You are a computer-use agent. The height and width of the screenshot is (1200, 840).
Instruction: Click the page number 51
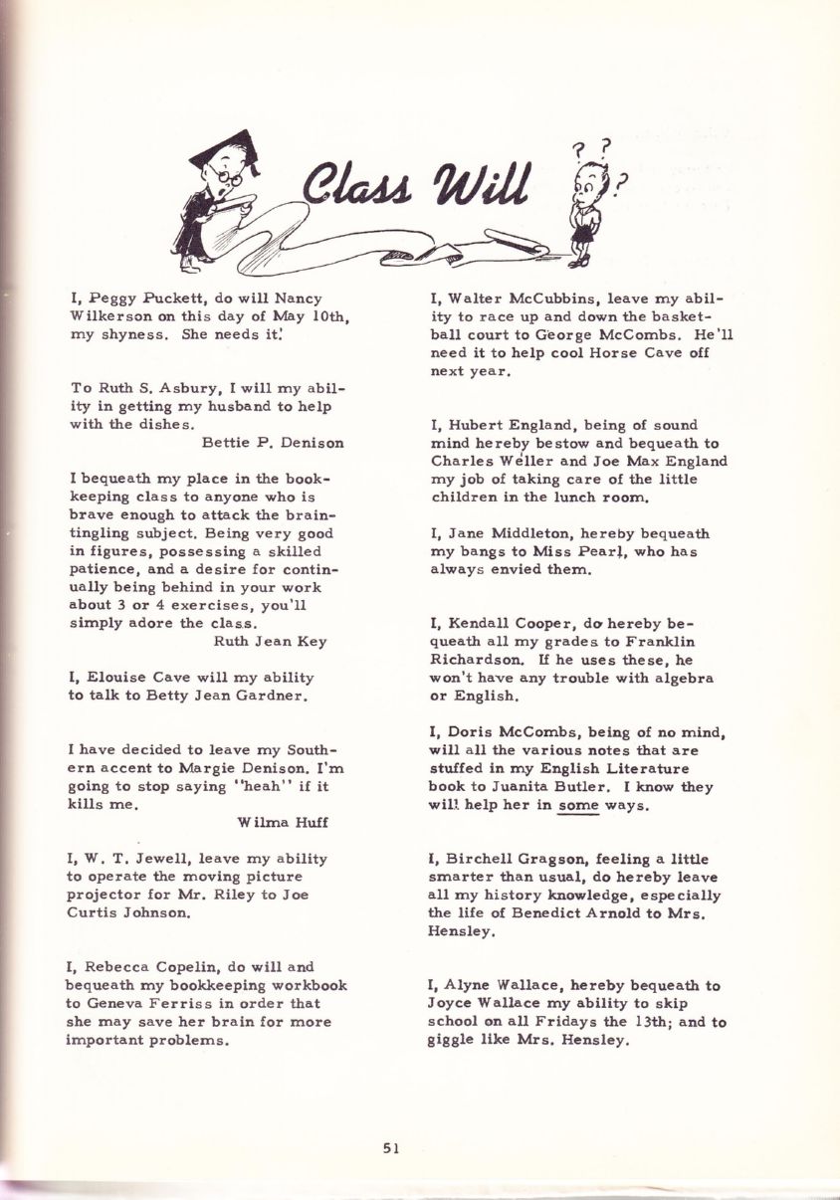391,1147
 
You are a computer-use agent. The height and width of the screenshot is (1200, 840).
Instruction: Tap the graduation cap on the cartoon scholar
225,147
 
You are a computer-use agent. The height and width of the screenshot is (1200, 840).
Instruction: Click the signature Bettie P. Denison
273,442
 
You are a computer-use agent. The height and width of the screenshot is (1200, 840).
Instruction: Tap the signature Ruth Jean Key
271,641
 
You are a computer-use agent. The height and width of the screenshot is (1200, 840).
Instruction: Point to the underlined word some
576,805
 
